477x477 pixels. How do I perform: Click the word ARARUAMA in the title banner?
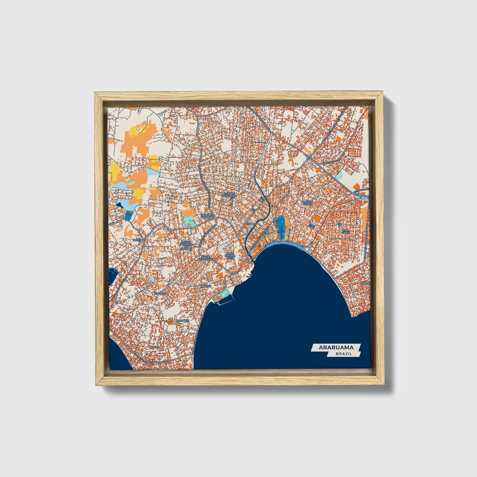336,347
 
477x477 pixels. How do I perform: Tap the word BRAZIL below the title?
344,354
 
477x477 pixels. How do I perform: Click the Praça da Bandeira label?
208,216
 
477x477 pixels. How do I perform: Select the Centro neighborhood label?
252,224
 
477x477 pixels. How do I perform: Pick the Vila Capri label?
346,231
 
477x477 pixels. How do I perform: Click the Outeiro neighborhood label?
138,240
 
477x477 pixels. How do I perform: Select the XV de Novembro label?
205,258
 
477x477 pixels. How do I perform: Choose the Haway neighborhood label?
206,286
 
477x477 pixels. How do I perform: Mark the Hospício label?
182,321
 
